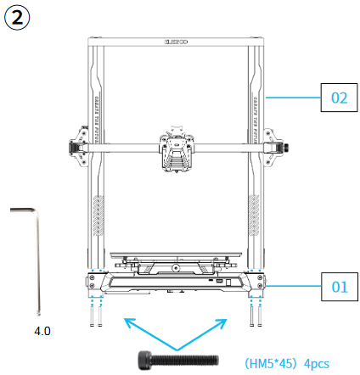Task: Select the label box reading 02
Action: point(339,98)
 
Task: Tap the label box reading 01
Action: point(339,287)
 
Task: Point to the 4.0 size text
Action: point(42,329)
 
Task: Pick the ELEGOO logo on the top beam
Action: point(176,39)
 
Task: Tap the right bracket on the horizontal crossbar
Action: point(273,146)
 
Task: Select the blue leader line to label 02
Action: point(292,98)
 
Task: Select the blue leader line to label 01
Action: point(292,287)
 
